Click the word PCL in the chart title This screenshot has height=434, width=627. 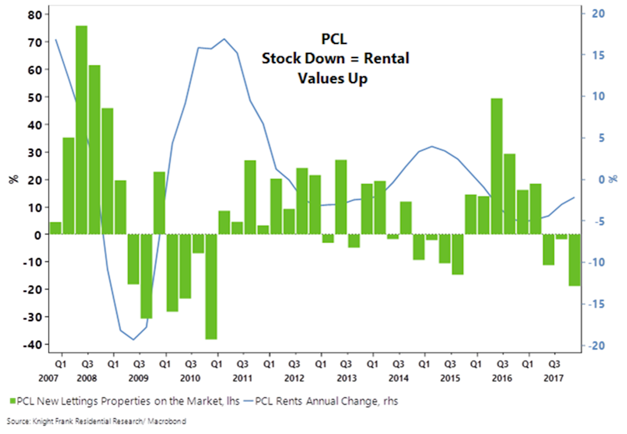pyautogui.click(x=334, y=39)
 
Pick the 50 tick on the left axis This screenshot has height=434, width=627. pyautogui.click(x=34, y=97)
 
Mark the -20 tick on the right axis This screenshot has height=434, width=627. pyautogui.click(x=594, y=345)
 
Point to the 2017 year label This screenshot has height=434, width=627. pyautogui.click(x=553, y=378)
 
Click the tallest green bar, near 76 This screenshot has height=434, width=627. pyautogui.click(x=82, y=130)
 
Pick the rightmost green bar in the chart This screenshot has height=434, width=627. pyautogui.click(x=574, y=260)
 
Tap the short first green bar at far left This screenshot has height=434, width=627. pyautogui.click(x=55, y=229)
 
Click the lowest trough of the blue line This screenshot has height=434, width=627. pyautogui.click(x=134, y=340)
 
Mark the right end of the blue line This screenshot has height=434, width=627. pyautogui.click(x=575, y=197)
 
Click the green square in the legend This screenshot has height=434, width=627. pyautogui.click(x=11, y=401)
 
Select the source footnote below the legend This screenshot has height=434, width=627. pyautogui.click(x=97, y=421)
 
